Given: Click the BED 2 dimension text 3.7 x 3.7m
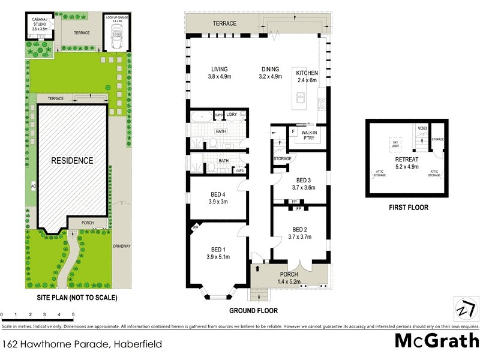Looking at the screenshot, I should pos(301,237).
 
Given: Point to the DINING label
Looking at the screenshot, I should pos(271,68).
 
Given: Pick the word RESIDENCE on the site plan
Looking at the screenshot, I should pos(72,161).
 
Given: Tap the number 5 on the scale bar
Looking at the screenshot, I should pos(73,314).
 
